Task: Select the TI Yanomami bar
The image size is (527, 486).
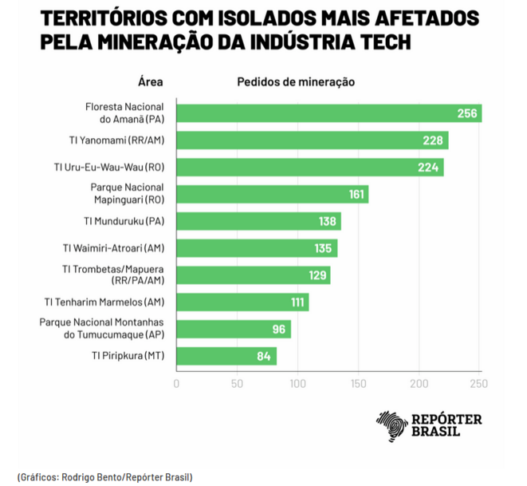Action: click(x=311, y=140)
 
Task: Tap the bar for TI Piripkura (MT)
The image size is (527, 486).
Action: click(x=226, y=356)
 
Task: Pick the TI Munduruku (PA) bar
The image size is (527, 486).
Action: click(x=258, y=221)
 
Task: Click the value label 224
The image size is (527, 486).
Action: click(x=429, y=168)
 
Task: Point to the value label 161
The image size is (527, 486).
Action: click(x=356, y=195)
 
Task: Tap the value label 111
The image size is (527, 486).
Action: click(x=297, y=302)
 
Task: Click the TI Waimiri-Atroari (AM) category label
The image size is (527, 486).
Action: click(x=113, y=248)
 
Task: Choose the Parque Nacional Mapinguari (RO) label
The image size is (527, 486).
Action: click(x=128, y=194)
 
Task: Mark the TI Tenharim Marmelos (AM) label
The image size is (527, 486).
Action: click(x=104, y=302)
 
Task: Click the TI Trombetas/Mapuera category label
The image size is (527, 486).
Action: click(x=114, y=275)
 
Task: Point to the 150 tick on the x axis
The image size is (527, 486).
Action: click(x=359, y=384)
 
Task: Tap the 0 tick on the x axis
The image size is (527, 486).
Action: click(x=176, y=384)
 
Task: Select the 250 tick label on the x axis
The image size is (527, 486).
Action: click(x=480, y=384)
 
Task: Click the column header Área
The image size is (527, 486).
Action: click(x=151, y=81)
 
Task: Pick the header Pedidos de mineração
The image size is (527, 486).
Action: click(x=296, y=81)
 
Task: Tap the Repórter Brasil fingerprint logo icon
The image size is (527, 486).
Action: click(x=391, y=425)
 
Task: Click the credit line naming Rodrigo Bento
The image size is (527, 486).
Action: click(x=104, y=476)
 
